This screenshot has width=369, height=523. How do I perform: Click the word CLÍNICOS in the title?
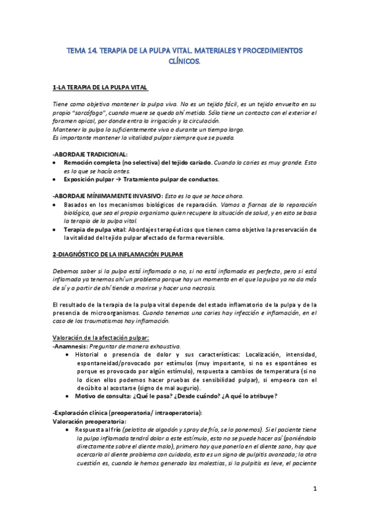click(185, 61)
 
